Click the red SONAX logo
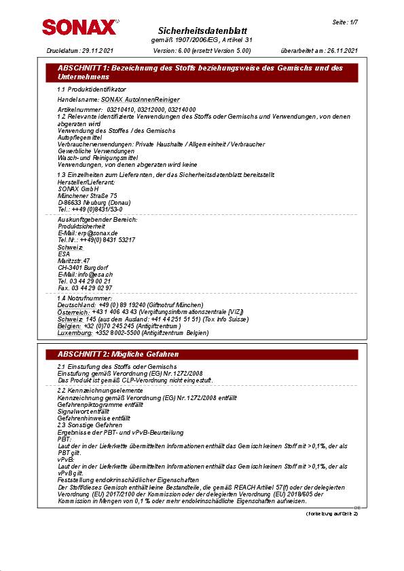(79, 27)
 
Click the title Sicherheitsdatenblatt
(202, 31)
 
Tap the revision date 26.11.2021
(342, 51)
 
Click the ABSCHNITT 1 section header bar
(202, 73)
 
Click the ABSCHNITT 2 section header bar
(202, 355)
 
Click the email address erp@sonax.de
(98, 233)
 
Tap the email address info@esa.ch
(90, 274)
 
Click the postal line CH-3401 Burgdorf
(82, 267)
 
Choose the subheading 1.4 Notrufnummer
(85, 298)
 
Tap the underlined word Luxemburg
(75, 333)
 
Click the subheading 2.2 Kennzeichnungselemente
(100, 391)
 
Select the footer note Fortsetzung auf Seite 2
(331, 513)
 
